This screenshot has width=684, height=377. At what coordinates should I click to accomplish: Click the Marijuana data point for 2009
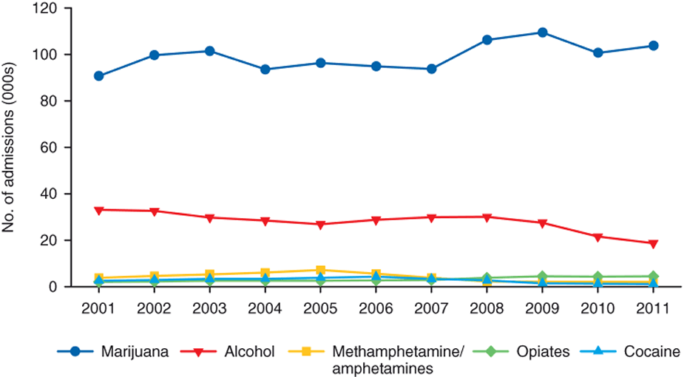pos(542,33)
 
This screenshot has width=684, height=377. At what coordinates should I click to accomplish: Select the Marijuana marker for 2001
pos(98,76)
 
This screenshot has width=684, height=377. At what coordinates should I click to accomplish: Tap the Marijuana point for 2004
pos(265,69)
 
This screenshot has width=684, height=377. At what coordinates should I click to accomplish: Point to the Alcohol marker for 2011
pos(653,243)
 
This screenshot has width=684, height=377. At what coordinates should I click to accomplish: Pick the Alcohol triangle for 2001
pos(98,210)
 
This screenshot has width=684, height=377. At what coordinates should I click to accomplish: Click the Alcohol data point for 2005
pos(320,225)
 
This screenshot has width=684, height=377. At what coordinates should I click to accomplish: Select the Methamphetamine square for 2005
pos(320,271)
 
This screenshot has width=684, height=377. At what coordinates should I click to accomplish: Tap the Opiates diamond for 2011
pos(653,276)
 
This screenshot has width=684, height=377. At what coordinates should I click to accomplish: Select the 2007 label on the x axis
pos(431,308)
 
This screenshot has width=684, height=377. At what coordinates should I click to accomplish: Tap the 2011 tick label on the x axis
pos(653,308)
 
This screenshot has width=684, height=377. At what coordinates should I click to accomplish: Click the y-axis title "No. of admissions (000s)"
pos(10,147)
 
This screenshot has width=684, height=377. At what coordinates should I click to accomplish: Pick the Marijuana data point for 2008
pos(487,40)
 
